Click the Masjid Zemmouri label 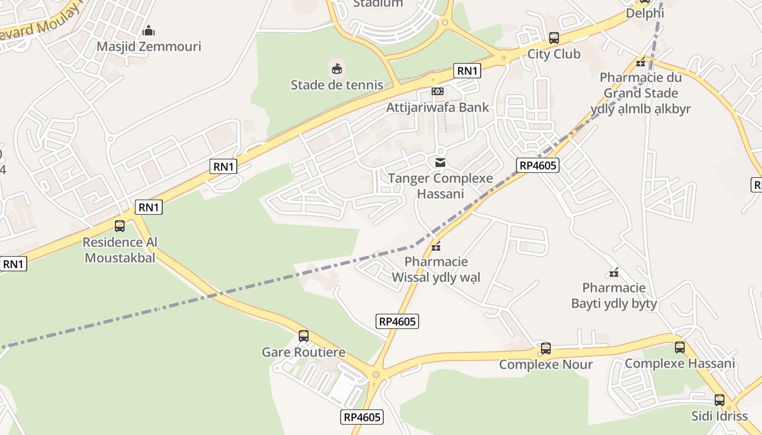coord(149,46)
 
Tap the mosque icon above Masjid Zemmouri coord(149,30)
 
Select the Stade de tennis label coord(337,85)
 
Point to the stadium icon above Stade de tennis coord(337,69)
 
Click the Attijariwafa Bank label coord(438,107)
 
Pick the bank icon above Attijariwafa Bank coord(438,91)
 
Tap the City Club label coord(554,54)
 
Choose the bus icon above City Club coord(554,38)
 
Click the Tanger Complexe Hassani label coord(440,186)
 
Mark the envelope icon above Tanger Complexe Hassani coord(440,163)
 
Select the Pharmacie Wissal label coord(436,270)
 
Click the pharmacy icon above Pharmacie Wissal coord(436,247)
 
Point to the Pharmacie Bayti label coord(614,295)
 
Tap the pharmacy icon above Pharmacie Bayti coord(614,272)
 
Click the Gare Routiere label coord(303,352)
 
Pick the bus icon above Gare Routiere coord(304,336)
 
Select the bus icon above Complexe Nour coord(545,349)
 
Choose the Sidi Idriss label coord(720,416)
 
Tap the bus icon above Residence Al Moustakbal coord(120,226)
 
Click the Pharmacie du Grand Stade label coord(641,93)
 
